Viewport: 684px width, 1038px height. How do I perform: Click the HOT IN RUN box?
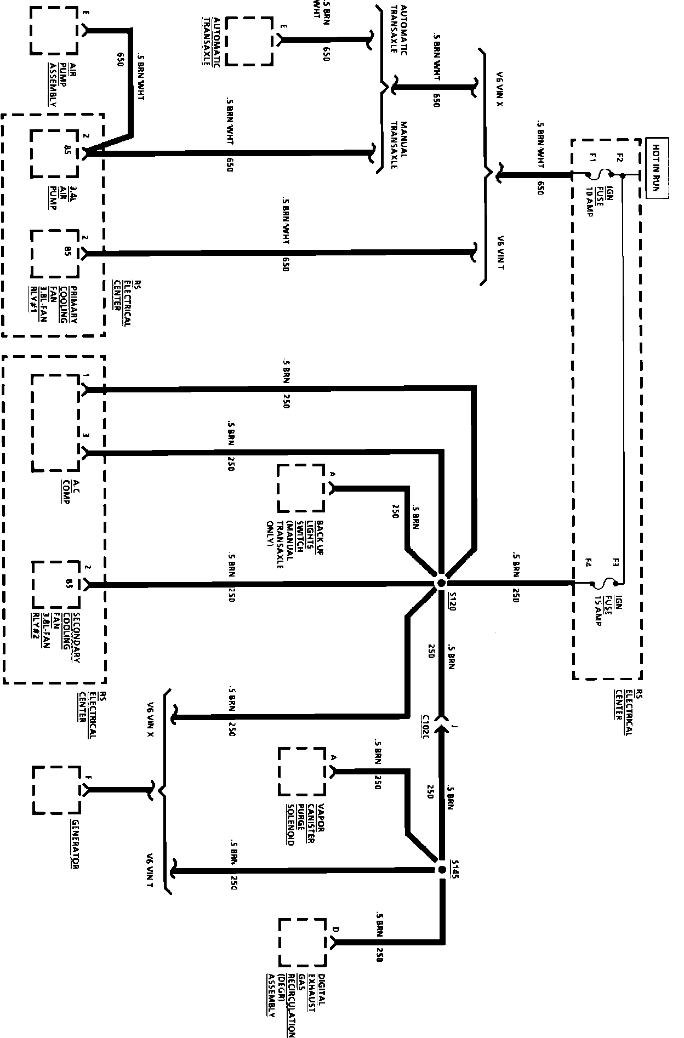pos(656,168)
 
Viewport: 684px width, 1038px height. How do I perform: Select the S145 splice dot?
pos(441,870)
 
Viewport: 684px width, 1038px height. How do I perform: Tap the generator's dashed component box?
pos(56,790)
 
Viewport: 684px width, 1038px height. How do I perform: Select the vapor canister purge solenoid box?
pos(301,771)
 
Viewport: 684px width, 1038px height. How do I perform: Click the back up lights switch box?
pos(301,488)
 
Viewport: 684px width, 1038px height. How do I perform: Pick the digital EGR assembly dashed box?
pos(302,942)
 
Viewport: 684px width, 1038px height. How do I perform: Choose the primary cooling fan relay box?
pos(55,253)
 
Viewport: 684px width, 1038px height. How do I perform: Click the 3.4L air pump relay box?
pos(54,153)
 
